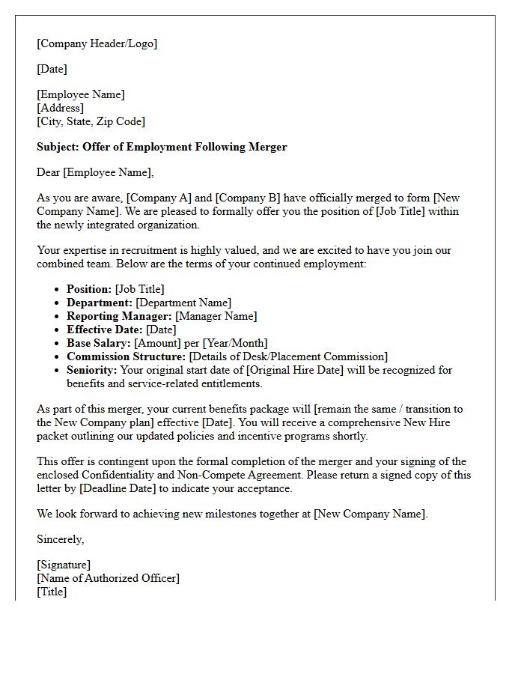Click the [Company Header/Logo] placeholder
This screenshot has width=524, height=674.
click(97, 43)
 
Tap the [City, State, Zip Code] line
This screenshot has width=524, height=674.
click(91, 121)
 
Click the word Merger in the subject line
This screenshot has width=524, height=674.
click(267, 147)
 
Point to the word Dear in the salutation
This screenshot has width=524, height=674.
click(49, 172)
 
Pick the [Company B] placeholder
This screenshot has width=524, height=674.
click(248, 198)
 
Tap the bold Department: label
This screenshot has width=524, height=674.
click(99, 303)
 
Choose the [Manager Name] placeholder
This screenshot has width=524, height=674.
click(216, 316)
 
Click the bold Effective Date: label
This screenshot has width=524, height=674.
click(105, 330)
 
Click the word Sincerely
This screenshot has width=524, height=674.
click(61, 539)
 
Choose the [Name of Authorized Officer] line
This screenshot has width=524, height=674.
click(109, 578)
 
